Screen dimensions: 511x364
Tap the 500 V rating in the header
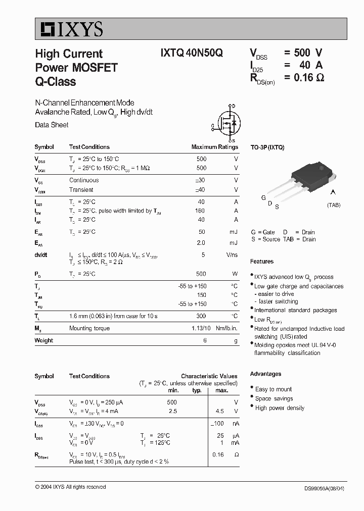302,53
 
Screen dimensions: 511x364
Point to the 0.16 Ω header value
303,77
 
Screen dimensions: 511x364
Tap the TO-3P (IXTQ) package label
267,147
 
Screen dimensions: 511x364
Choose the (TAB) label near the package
334,205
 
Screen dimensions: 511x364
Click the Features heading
261,262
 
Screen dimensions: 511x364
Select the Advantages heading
265,374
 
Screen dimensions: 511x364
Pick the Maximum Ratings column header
214,147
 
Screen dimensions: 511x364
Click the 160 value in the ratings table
201,211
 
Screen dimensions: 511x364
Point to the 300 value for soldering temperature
201,316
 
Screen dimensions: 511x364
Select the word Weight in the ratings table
43,340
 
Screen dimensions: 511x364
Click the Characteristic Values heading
209,376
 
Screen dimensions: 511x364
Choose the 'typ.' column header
197,390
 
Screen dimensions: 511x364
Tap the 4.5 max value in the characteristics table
219,411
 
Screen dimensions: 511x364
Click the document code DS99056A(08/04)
326,488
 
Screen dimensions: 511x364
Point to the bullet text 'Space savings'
274,398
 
